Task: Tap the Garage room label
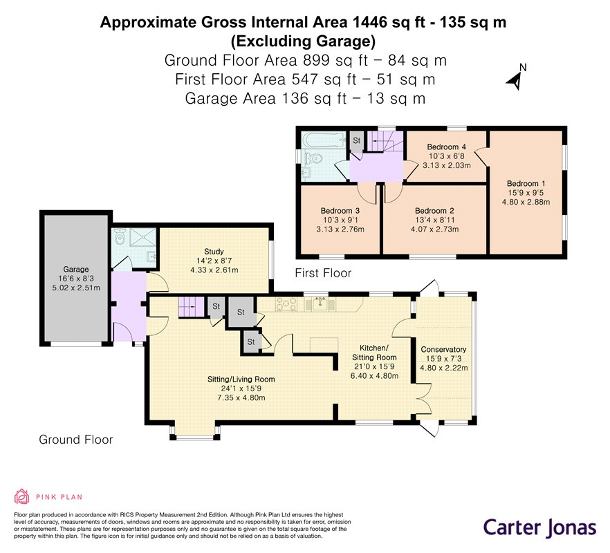click(x=76, y=269)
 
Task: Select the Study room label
click(x=214, y=251)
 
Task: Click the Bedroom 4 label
click(x=447, y=147)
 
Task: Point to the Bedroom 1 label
click(x=526, y=183)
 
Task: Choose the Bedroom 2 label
click(x=434, y=211)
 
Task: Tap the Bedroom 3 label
click(x=340, y=211)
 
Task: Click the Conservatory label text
click(x=443, y=349)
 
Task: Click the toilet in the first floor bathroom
click(x=314, y=159)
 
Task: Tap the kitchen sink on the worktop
click(x=320, y=303)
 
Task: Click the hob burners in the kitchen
click(x=286, y=304)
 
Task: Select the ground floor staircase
click(x=192, y=307)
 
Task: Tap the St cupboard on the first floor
click(x=356, y=142)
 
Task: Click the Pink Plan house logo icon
click(x=22, y=496)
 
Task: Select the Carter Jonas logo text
click(x=539, y=527)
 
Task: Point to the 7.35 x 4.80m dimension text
click(x=241, y=397)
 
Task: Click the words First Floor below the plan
click(x=323, y=273)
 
